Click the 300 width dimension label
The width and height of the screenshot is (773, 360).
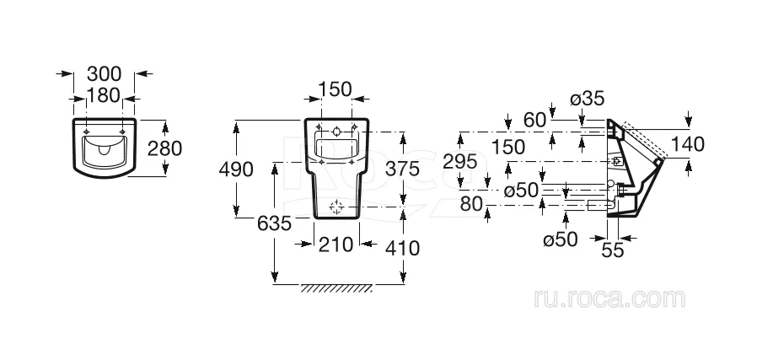[104, 74]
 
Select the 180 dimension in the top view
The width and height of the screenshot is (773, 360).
[104, 94]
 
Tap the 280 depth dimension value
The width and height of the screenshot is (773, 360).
[165, 148]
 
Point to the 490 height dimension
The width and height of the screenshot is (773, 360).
[236, 169]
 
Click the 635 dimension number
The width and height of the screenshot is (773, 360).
[275, 224]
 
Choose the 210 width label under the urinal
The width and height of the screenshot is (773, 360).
[336, 244]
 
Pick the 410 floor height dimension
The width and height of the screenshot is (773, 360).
[403, 248]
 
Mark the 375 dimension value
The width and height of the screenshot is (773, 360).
[402, 169]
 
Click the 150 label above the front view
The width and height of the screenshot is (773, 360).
[336, 89]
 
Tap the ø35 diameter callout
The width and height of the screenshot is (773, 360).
[588, 99]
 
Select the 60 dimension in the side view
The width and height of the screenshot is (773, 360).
[535, 120]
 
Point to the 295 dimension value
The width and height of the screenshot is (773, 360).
[460, 161]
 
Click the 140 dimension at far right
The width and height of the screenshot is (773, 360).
[688, 144]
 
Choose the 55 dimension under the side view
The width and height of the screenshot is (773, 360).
[613, 250]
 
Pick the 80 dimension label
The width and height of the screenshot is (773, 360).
[471, 204]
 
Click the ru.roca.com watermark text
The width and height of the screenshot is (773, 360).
[609, 298]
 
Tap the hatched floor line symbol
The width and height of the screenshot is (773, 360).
[336, 288]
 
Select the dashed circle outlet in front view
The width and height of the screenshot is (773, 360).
[336, 207]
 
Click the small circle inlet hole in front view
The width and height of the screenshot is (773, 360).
[336, 132]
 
